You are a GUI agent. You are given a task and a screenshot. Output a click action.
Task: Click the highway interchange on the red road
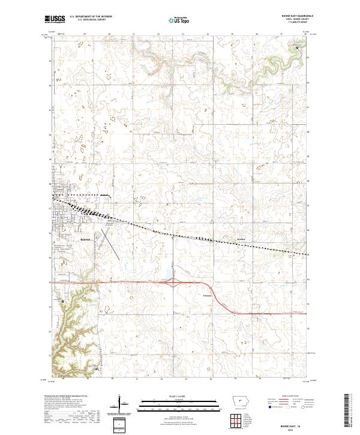(184, 286)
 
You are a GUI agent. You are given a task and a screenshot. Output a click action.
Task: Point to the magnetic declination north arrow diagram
(121, 404)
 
